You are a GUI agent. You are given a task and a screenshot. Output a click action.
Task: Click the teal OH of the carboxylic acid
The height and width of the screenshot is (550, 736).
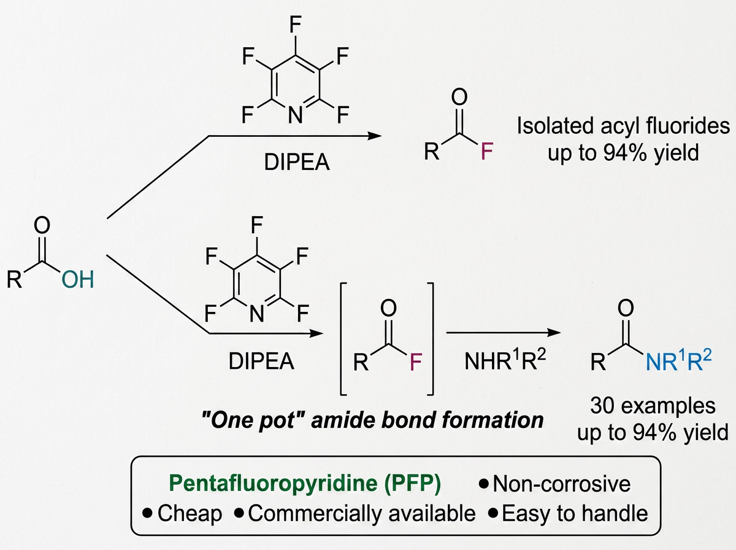[77, 279]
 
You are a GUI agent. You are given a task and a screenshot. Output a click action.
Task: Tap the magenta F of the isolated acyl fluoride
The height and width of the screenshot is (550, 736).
[487, 151]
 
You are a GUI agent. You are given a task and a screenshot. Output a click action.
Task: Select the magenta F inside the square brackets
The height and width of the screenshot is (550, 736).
[416, 362]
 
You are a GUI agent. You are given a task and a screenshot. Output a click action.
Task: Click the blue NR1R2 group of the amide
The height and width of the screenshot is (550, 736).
[678, 361]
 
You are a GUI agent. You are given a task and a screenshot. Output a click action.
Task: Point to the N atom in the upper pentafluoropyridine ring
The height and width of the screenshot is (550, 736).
[296, 114]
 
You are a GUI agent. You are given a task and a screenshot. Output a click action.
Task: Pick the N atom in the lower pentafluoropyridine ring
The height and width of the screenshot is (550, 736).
[257, 314]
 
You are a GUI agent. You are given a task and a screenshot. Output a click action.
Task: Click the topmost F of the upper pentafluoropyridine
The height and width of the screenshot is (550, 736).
[296, 25]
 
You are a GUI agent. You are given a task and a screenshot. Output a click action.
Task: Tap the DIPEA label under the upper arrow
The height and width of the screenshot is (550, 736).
[297, 163]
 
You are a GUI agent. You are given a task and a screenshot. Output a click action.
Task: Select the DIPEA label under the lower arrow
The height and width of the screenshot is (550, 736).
[261, 362]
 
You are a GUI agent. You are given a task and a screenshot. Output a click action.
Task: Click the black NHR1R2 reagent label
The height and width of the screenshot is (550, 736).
[505, 360]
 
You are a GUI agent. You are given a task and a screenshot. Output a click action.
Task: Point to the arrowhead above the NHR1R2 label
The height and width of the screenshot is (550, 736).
[554, 333]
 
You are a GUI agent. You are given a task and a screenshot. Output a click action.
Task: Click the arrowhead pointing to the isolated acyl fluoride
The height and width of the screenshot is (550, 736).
[375, 136]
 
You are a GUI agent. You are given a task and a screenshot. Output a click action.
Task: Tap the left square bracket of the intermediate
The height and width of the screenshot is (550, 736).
[343, 339]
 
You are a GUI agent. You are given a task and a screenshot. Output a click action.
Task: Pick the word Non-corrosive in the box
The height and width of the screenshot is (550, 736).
[562, 484]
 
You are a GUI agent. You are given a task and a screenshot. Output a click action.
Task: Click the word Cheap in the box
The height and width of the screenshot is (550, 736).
[190, 513]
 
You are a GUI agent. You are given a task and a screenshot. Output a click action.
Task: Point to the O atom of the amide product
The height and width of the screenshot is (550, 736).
[626, 308]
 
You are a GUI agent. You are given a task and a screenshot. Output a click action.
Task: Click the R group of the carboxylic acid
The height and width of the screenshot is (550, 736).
[15, 279]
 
